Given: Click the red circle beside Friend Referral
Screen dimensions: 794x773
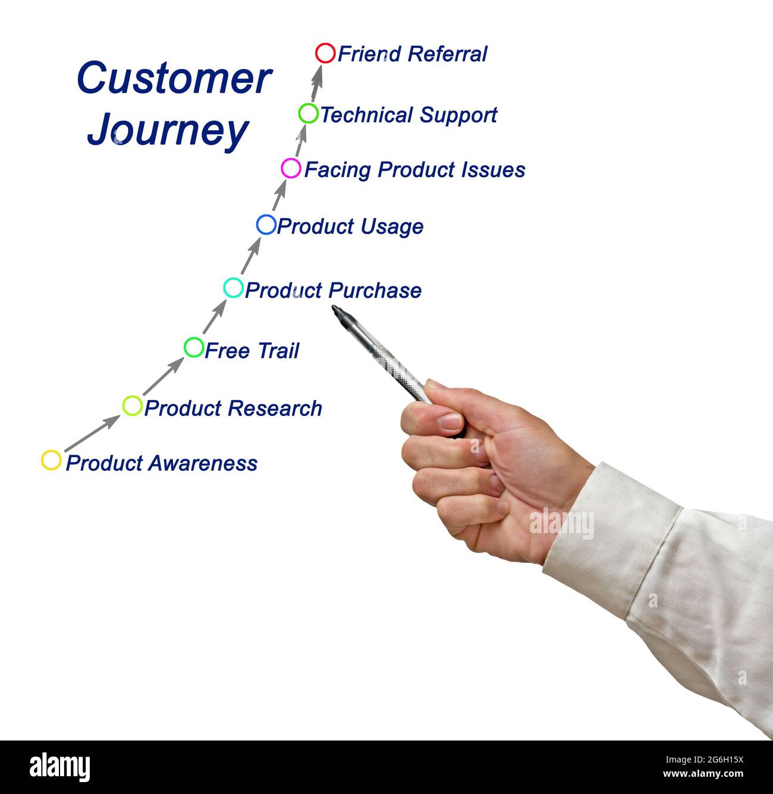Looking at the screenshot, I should click(325, 53).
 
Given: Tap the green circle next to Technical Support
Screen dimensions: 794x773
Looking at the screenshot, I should click(309, 113).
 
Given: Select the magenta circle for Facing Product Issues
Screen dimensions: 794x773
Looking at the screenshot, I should click(291, 168).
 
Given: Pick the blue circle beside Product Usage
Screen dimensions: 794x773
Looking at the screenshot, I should click(266, 225).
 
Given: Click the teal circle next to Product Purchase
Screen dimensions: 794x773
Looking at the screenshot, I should click(233, 288).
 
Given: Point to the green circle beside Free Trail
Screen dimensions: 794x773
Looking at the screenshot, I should click(194, 346).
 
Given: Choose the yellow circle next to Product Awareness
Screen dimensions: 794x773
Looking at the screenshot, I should click(51, 460).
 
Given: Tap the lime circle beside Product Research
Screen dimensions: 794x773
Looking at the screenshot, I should click(132, 405).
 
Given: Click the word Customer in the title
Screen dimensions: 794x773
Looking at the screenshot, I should click(174, 78).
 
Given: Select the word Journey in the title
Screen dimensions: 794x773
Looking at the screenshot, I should click(168, 130).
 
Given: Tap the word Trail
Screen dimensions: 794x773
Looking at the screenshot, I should click(277, 351).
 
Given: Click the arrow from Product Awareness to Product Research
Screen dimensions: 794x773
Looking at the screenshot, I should click(92, 433).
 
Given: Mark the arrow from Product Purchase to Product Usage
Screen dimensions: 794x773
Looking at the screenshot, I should click(250, 257).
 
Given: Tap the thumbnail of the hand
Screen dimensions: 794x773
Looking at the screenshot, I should click(450, 422).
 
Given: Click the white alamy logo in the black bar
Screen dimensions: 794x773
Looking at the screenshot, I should click(60, 767).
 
